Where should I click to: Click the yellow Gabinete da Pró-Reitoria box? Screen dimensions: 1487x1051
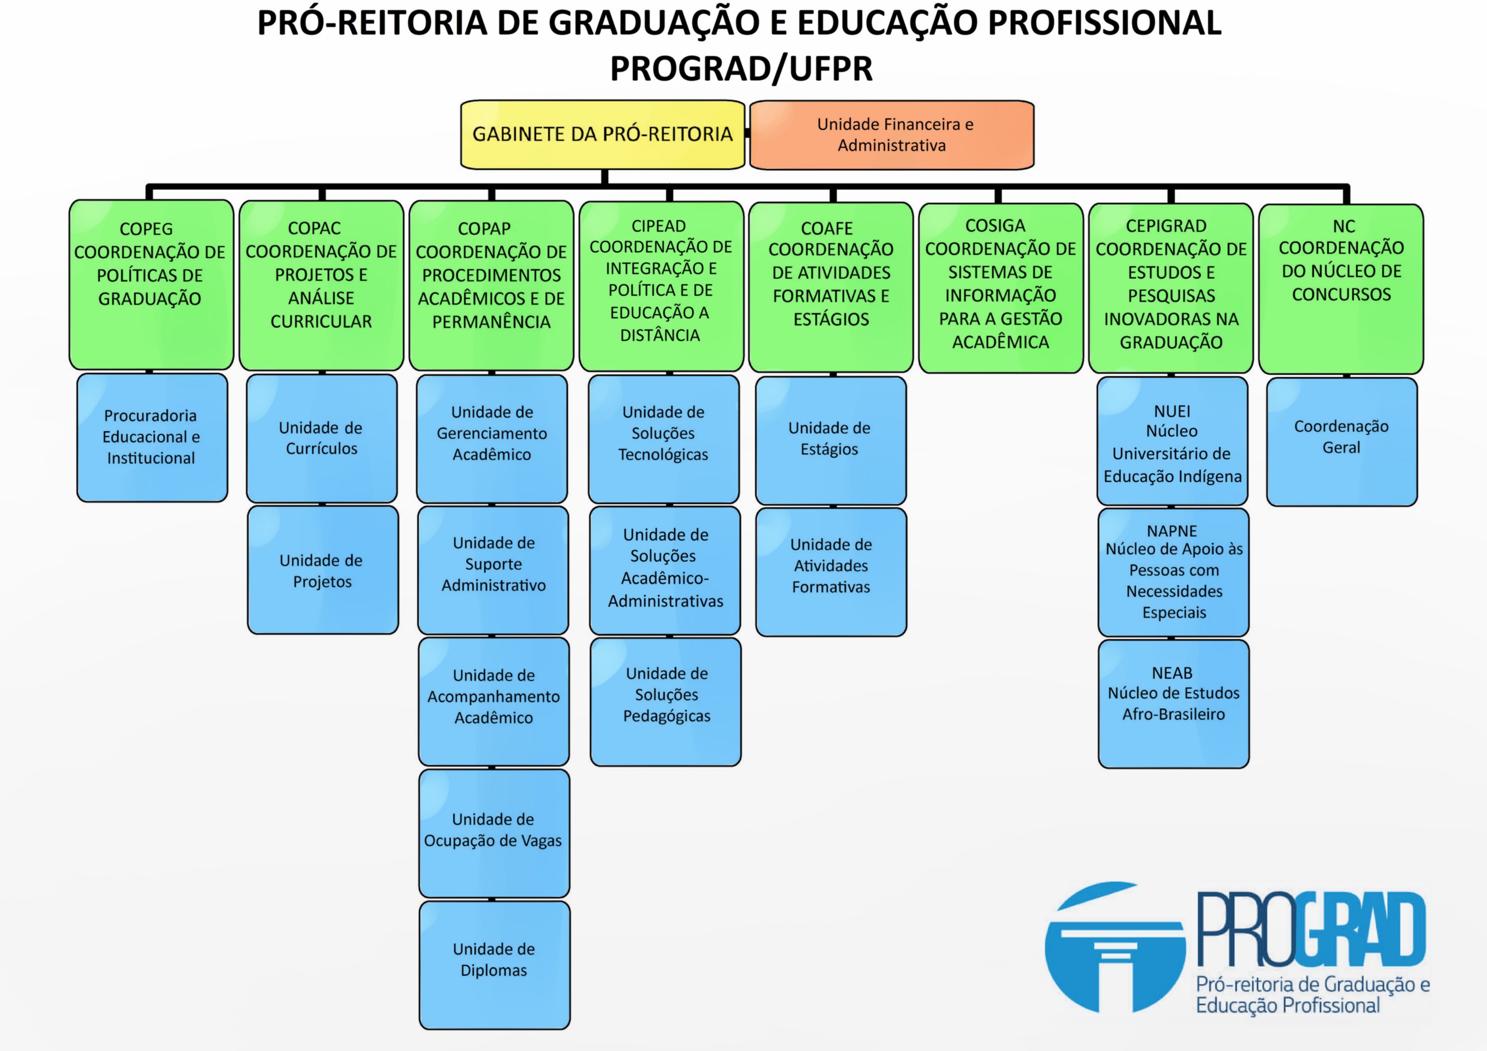pyautogui.click(x=603, y=135)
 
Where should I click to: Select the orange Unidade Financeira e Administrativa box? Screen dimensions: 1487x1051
pyautogui.click(x=892, y=135)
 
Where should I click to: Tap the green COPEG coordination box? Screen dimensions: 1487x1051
pyautogui.click(x=152, y=285)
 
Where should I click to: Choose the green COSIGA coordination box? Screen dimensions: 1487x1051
pyautogui.click(x=1001, y=288)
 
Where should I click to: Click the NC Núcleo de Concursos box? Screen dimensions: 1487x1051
pyautogui.click(x=1341, y=289)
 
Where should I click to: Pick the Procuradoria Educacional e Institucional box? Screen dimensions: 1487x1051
pyautogui.click(x=152, y=438)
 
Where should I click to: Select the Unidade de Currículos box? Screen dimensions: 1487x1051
pyautogui.click(x=322, y=438)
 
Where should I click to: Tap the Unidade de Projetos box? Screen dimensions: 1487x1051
pyautogui.click(x=323, y=570)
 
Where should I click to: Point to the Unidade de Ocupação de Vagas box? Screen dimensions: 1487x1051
pyautogui.click(x=494, y=833)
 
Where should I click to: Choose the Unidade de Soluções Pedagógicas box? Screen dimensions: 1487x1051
pyautogui.click(x=666, y=702)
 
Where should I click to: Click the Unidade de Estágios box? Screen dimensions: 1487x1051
pyautogui.click(x=831, y=440)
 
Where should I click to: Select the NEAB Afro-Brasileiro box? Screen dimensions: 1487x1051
pyautogui.click(x=1173, y=704)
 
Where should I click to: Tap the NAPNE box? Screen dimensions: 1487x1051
pyautogui.click(x=1173, y=572)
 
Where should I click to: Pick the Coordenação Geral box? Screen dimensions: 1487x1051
pyautogui.click(x=1342, y=441)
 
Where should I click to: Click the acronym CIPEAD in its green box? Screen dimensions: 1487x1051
pyautogui.click(x=659, y=226)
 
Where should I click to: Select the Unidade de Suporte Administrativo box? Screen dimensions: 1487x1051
pyautogui.click(x=493, y=570)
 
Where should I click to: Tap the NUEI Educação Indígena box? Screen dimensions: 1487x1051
pyautogui.click(x=1172, y=441)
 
